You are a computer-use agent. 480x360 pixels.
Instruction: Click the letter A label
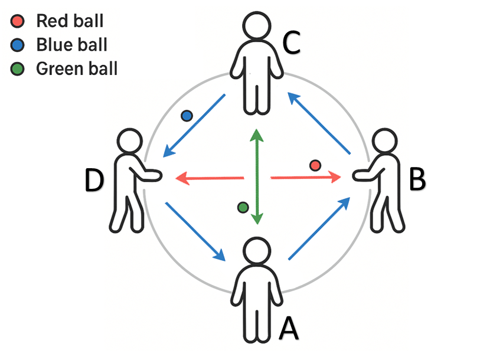click(x=288, y=327)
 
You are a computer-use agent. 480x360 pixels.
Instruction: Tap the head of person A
click(x=257, y=253)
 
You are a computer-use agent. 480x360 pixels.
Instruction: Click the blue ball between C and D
click(x=187, y=116)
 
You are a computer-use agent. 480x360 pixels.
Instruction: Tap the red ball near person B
click(x=315, y=165)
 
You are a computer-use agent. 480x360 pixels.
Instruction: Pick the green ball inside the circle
click(x=242, y=207)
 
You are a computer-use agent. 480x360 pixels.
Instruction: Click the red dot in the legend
click(x=17, y=22)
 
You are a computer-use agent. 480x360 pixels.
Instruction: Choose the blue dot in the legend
click(x=17, y=45)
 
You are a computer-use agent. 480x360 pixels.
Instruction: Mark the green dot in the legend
click(x=17, y=69)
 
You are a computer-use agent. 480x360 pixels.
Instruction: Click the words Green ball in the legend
click(x=77, y=69)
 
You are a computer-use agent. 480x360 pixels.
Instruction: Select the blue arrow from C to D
click(x=194, y=125)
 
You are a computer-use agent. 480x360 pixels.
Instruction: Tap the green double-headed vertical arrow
click(x=256, y=176)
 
